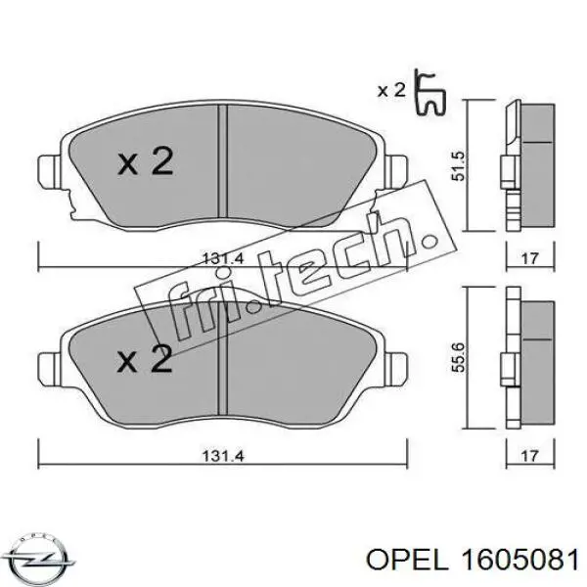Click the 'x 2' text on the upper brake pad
[145, 162]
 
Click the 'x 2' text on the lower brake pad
[145, 361]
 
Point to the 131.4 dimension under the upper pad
[223, 258]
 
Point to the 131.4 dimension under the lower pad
[223, 454]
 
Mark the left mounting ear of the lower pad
[48, 370]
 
